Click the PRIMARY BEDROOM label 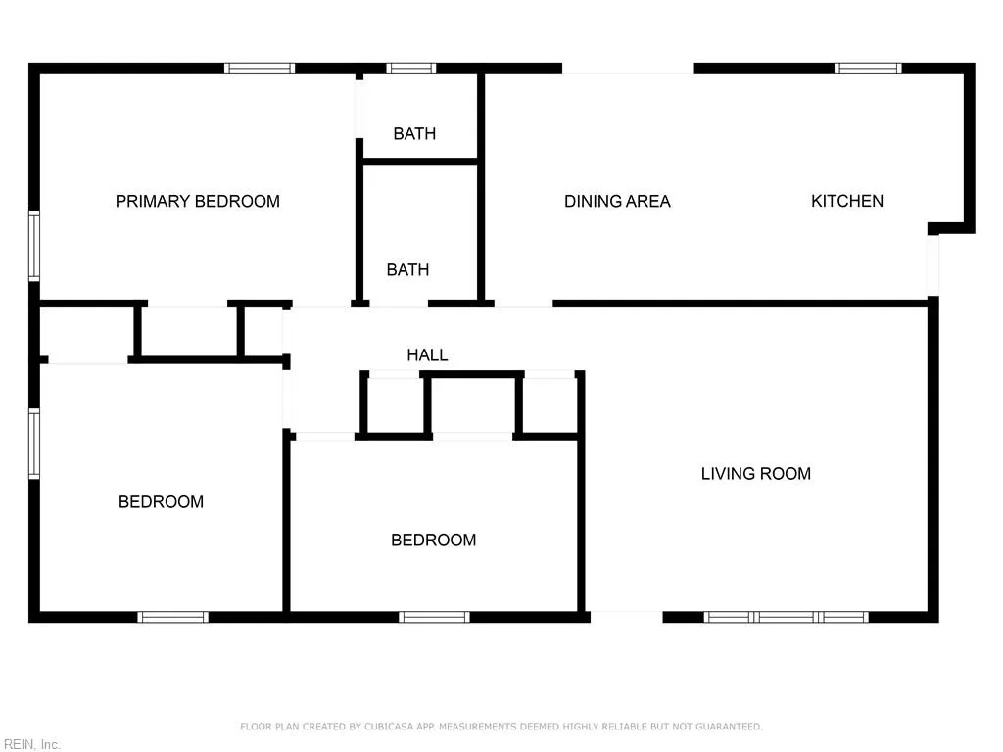point(198,201)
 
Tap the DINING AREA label point(617,201)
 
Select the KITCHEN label point(847,201)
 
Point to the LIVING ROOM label point(755,474)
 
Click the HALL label point(427,354)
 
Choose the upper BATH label point(414,134)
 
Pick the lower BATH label point(407,269)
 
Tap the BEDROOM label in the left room point(161,502)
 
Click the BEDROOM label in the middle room point(433,540)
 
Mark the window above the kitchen point(868,69)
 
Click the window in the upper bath point(410,69)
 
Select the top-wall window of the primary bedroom point(260,69)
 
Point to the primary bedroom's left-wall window point(34,245)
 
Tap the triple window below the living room point(787,617)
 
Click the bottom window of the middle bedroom point(434,617)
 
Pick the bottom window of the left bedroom point(172,617)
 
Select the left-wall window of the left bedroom point(34,443)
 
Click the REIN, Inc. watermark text point(31,744)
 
